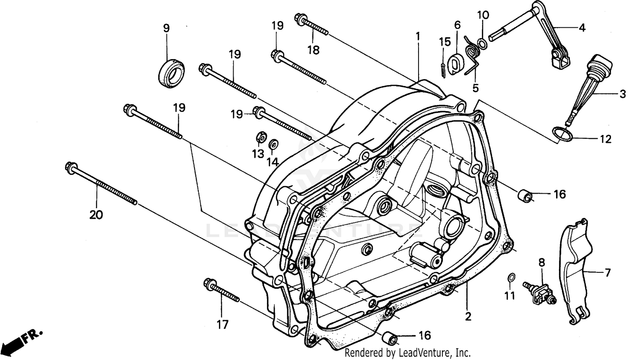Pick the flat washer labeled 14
tap(273, 143)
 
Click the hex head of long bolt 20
tap(70, 167)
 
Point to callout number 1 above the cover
tap(418, 36)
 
